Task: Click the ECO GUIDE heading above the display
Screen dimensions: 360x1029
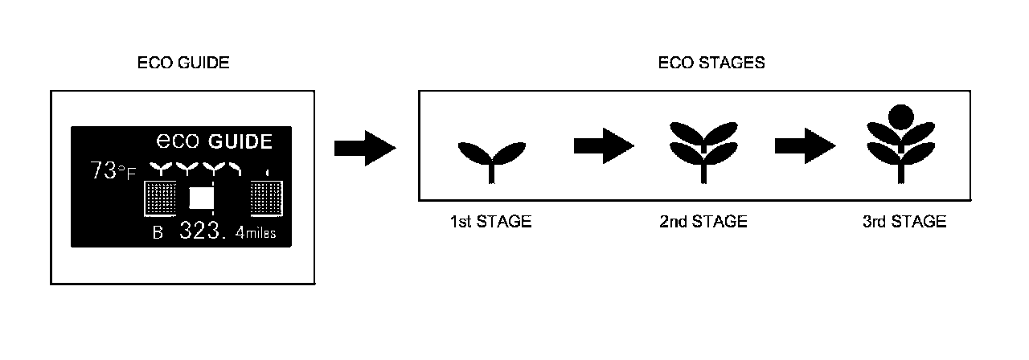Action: pyautogui.click(x=183, y=63)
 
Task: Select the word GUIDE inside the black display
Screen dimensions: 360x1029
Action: pyautogui.click(x=240, y=141)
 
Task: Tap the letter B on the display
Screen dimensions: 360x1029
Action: pyautogui.click(x=158, y=233)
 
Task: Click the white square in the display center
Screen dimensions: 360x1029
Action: pyautogui.click(x=201, y=198)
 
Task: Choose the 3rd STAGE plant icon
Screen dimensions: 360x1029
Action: pyautogui.click(x=900, y=145)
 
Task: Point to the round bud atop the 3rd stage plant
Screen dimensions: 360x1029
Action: pyautogui.click(x=900, y=117)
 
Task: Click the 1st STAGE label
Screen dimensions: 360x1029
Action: pyautogui.click(x=490, y=222)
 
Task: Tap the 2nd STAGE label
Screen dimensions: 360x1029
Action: pyautogui.click(x=703, y=222)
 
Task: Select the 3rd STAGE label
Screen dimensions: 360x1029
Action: pyautogui.click(x=904, y=222)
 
